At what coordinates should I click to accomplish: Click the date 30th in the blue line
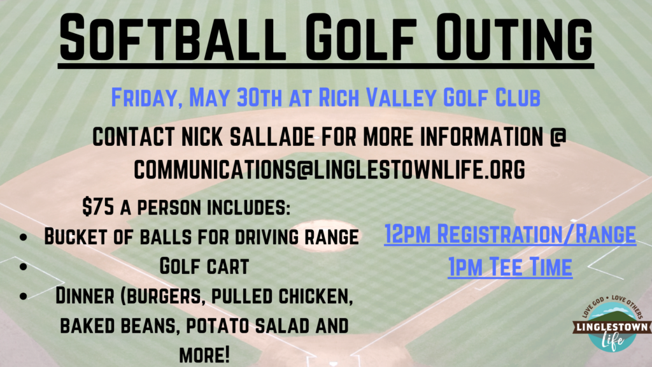260,97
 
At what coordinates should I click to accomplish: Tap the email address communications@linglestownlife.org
329,169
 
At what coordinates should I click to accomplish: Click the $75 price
97,207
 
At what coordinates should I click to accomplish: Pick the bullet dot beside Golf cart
24,266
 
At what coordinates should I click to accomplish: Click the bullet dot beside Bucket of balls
24,237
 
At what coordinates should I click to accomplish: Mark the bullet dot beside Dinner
24,296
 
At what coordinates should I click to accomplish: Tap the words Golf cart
204,266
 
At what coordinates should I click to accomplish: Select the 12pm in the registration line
407,234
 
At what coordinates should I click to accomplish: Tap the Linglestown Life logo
612,322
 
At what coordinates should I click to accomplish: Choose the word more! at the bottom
204,355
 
